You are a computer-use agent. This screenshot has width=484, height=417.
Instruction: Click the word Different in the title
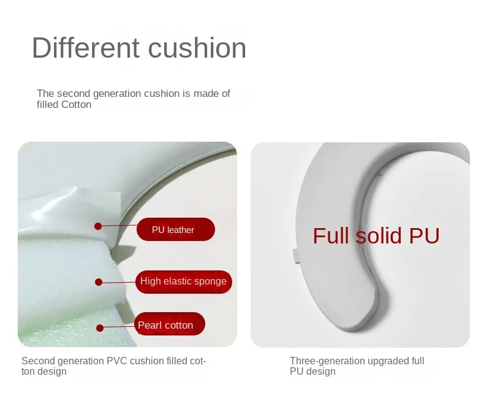point(86,48)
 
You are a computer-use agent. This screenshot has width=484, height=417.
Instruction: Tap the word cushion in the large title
point(197,48)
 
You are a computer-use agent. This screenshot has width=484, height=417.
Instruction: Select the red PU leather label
point(176,229)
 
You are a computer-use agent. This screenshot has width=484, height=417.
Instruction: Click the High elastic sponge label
point(184,281)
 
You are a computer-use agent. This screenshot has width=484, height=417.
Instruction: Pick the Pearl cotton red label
point(170,324)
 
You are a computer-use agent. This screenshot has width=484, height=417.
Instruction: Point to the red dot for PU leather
point(98,226)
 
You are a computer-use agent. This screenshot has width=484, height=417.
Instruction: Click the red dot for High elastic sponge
point(99,282)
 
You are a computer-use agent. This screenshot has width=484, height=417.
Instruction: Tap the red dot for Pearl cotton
point(100,328)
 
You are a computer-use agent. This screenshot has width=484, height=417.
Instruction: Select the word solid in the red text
point(379,236)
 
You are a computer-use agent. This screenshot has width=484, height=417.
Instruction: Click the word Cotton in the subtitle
point(76,105)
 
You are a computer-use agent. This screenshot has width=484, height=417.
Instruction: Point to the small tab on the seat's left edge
point(296,256)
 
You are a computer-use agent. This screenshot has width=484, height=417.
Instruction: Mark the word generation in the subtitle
point(117,94)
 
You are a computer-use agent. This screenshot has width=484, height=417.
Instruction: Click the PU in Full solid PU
point(424,236)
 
